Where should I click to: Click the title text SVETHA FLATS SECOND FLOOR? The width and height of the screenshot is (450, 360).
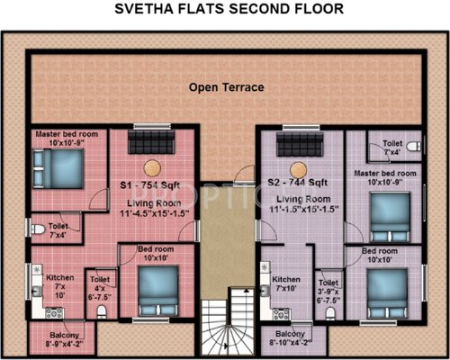tap(225, 11)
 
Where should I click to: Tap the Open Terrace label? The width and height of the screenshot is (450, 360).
tap(226, 87)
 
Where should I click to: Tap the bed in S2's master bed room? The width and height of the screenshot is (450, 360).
tap(389, 213)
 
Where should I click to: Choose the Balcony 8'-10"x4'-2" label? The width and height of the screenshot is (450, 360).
tap(290, 337)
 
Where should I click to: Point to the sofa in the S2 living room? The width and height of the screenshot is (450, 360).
tap(301, 142)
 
